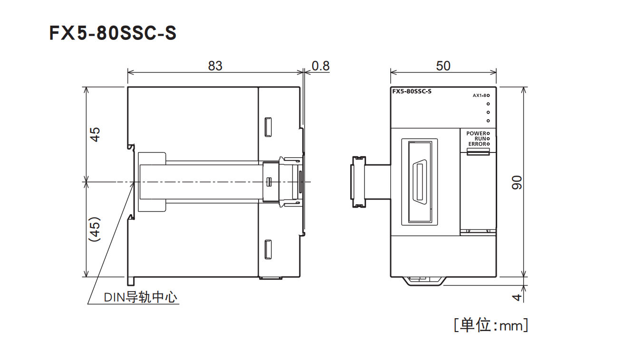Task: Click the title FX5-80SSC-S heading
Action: click(113, 33)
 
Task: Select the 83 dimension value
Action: click(215, 66)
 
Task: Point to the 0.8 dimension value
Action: click(321, 66)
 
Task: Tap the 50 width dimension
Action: click(443, 66)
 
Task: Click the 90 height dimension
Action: click(517, 182)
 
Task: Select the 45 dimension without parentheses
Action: click(96, 134)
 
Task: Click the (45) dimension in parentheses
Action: click(96, 230)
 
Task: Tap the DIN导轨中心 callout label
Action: click(141, 298)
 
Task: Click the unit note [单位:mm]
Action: click(490, 325)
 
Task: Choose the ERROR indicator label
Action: click(477, 144)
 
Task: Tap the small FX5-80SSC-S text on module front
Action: click(412, 92)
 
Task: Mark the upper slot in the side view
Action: click(268, 127)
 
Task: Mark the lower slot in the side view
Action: click(268, 250)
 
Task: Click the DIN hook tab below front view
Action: click(424, 281)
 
